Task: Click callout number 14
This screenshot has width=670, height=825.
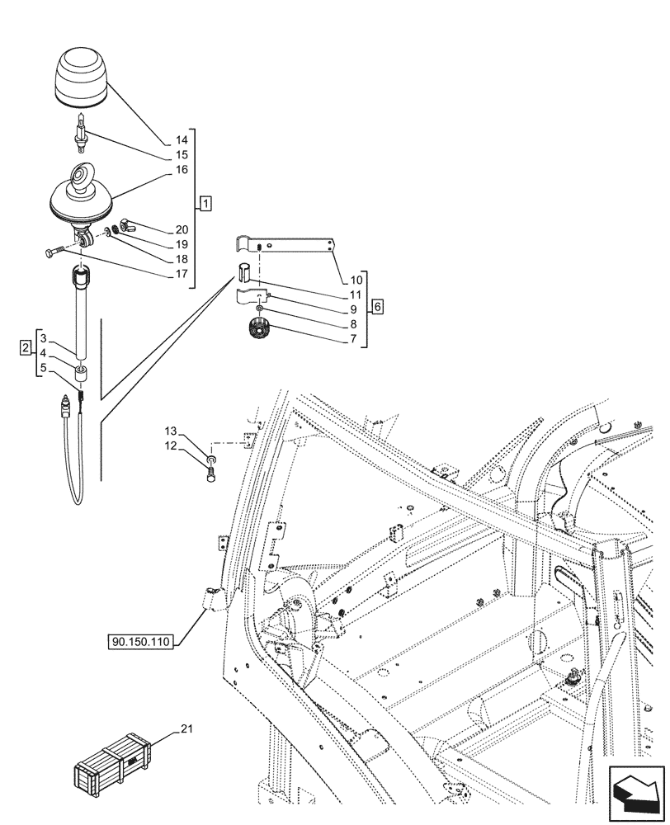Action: click(x=182, y=141)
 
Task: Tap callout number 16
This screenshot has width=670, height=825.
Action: click(x=182, y=169)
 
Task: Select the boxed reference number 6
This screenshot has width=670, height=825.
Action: click(x=377, y=308)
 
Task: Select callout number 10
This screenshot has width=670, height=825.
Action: click(x=355, y=280)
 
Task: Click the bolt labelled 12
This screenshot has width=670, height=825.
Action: click(x=211, y=474)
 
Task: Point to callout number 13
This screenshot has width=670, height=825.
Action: click(x=170, y=431)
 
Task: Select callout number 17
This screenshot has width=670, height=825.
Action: click(x=182, y=274)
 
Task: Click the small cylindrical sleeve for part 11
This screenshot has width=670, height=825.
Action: click(x=245, y=273)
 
